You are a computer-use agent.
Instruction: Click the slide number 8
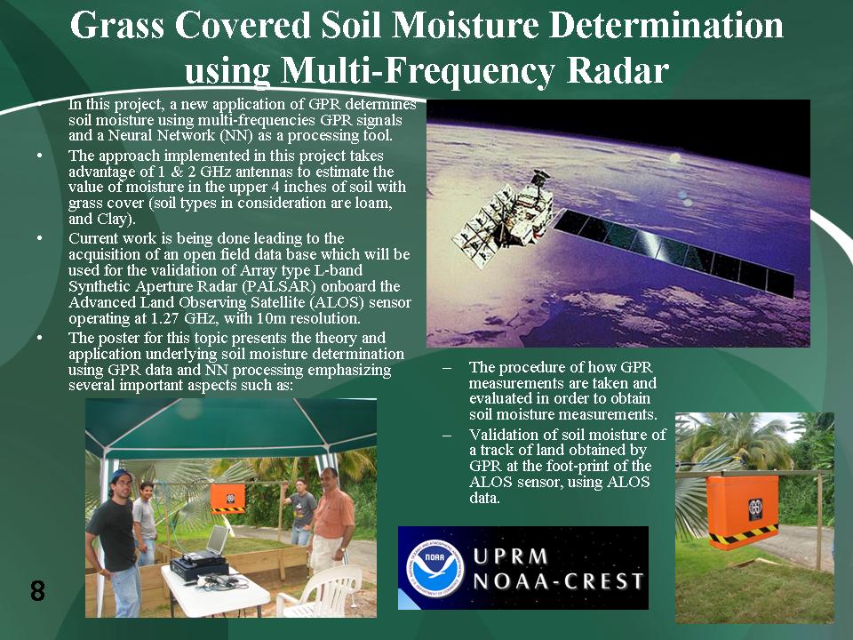(x=37, y=590)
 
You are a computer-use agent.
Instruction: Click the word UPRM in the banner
(x=511, y=556)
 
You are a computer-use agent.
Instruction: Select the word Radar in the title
(x=618, y=70)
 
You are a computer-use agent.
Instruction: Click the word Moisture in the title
(x=466, y=25)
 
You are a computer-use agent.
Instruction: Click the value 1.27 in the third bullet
(x=166, y=318)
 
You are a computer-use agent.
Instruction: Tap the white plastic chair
(x=320, y=590)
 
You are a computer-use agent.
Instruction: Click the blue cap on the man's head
(x=120, y=475)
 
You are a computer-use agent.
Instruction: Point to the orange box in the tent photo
(x=227, y=499)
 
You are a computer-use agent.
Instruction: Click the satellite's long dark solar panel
(x=674, y=250)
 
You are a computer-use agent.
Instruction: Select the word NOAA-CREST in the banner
(x=559, y=581)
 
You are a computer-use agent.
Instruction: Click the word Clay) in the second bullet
(x=116, y=219)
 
